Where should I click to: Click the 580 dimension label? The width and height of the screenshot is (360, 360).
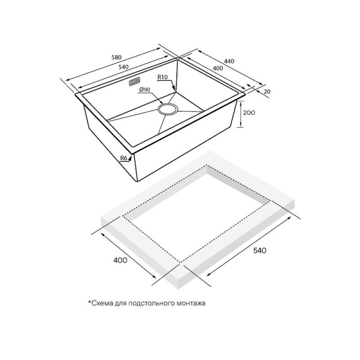pos(117,57)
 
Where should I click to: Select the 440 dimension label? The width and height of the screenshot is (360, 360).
pos(229,61)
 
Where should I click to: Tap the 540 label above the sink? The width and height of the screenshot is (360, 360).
pos(123,67)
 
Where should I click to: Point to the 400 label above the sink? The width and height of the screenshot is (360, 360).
pos(218,68)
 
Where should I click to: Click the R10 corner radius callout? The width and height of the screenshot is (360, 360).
pos(162,77)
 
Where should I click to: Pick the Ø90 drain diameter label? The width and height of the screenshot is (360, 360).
pos(144,90)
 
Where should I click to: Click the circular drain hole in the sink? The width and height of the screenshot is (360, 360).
pos(167,109)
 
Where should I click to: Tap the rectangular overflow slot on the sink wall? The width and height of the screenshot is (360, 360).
pos(135,82)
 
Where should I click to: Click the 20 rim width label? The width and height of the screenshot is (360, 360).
pos(267,92)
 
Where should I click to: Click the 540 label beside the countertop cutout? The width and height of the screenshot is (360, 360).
pos(260,251)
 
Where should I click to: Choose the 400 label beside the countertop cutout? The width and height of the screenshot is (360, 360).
pos(120,261)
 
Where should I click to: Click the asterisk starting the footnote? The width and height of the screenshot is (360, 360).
pos(90,302)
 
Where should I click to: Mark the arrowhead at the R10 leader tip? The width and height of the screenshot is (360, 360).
pos(174,90)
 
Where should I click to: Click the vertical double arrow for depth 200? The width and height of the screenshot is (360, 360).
pos(241,114)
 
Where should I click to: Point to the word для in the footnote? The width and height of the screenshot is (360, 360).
pos(121,304)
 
